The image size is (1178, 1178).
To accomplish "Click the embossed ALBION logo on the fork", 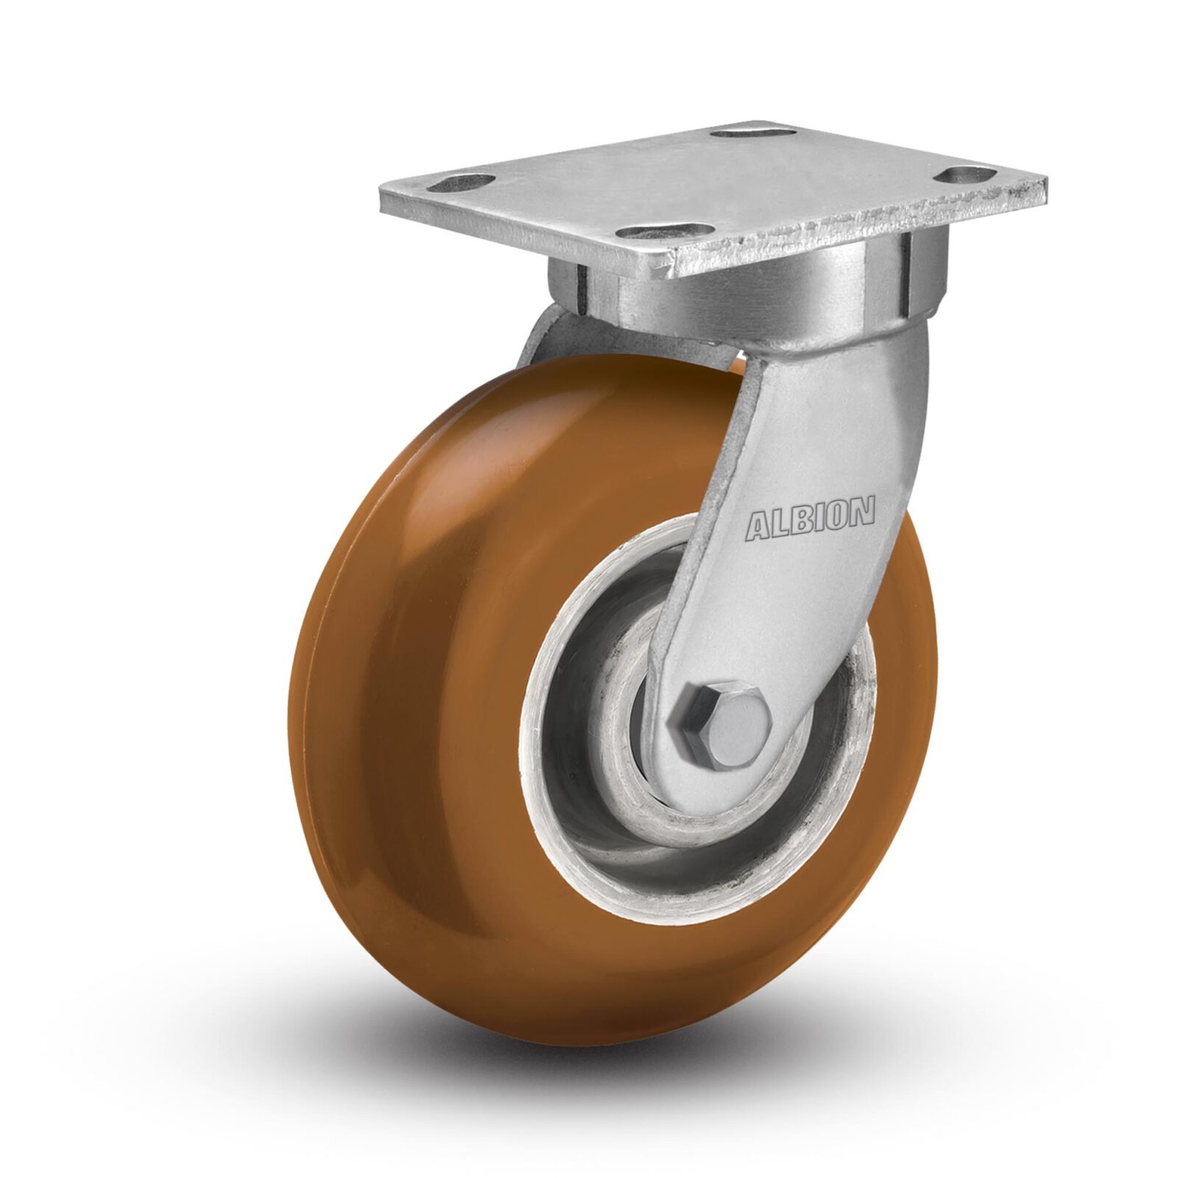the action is coord(811,519).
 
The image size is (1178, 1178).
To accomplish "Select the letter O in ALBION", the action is coord(836,515).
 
